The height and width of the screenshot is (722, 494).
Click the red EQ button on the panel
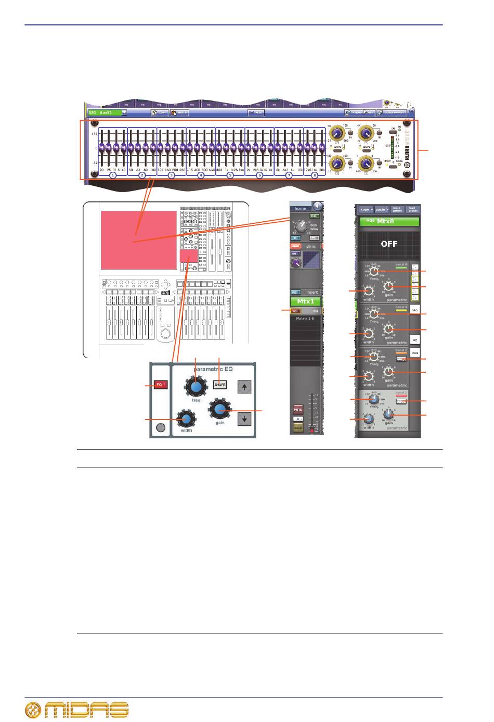[160, 385]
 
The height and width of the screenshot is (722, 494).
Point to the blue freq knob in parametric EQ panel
[196, 387]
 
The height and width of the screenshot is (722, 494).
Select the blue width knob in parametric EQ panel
[185, 418]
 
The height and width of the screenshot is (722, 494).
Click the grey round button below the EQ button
[160, 428]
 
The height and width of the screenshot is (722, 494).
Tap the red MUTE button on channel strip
[298, 410]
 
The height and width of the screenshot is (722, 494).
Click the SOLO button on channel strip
[298, 427]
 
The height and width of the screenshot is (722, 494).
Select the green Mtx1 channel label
[306, 301]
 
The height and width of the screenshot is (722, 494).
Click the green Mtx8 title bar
[389, 221]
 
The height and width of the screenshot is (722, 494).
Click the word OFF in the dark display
[389, 244]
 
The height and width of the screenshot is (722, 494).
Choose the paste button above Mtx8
[382, 209]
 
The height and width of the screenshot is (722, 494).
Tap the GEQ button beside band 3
[415, 310]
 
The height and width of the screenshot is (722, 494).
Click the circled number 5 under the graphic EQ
[230, 175]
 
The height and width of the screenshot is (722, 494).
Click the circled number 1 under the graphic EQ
[112, 175]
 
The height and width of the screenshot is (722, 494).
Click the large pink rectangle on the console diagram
[138, 240]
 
